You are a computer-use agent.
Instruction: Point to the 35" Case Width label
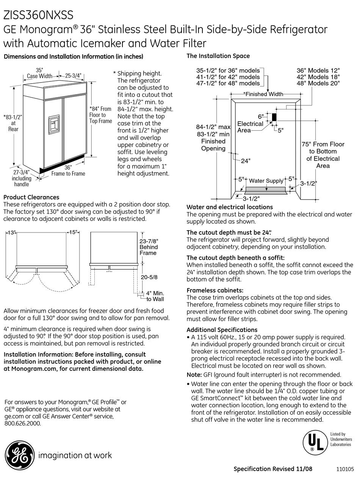tap(39, 73)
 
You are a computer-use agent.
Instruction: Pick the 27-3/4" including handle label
tap(21, 178)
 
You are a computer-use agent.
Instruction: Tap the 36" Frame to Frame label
tap(68, 170)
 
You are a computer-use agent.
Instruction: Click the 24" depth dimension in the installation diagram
tap(246, 161)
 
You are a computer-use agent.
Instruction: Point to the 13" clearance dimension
tap(11, 233)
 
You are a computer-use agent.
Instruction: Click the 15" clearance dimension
tap(73, 233)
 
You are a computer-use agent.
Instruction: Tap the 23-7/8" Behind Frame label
tap(149, 247)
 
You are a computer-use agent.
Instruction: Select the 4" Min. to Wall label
tap(155, 296)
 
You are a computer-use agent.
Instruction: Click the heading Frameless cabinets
tap(215, 290)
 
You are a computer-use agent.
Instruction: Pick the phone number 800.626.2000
tap(23, 424)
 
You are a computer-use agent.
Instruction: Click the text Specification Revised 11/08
tap(273, 469)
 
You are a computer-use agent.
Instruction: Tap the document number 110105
tap(344, 469)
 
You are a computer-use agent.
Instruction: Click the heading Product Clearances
tap(31, 197)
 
